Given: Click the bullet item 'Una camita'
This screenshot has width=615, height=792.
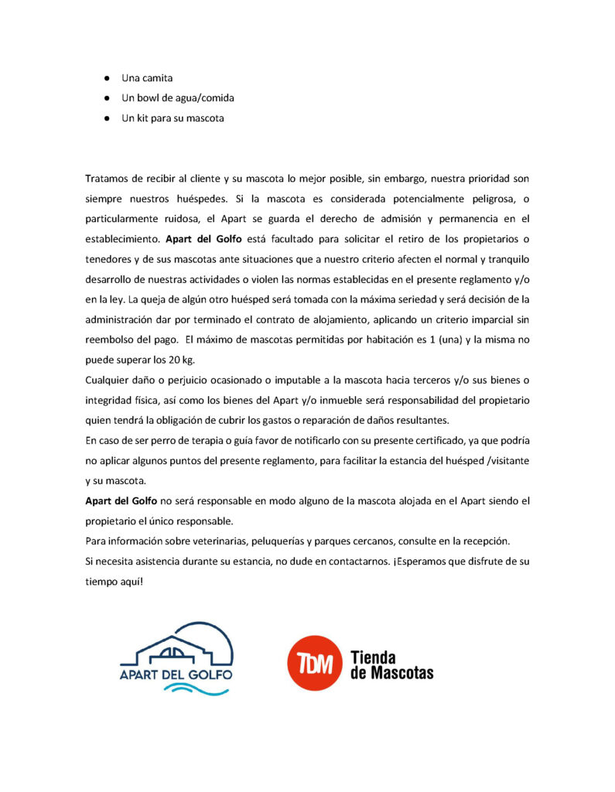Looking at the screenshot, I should (x=147, y=78).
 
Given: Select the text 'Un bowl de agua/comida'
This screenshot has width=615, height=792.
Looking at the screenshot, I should (x=178, y=98).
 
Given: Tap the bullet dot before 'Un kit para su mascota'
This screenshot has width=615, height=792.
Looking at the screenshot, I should (x=107, y=118).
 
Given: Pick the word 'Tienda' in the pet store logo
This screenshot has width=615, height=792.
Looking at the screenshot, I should (x=374, y=657).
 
